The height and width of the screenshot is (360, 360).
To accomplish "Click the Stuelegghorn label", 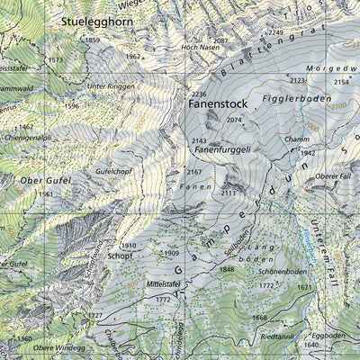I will (100, 19).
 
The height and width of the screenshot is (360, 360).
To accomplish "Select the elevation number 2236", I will (199, 94).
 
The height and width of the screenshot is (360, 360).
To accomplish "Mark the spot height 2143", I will (200, 141).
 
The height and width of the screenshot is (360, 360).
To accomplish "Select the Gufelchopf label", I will (114, 170).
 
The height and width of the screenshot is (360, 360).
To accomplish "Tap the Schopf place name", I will (120, 256).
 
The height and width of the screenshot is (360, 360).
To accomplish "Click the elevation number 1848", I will (227, 268).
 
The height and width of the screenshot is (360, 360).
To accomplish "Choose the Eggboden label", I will (328, 334).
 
